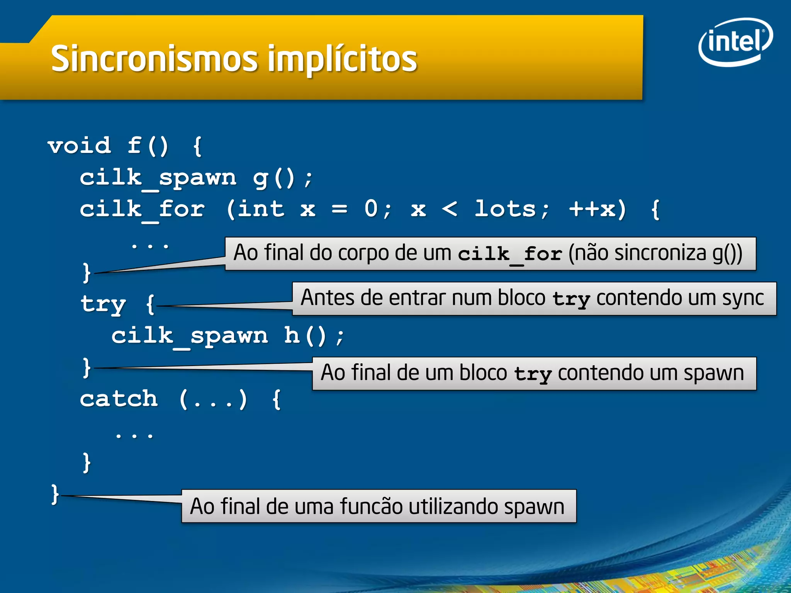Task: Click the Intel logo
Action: coord(735,42)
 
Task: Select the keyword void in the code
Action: coord(80,146)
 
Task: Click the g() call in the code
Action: coord(274,178)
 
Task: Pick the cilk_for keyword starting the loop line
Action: coord(142,210)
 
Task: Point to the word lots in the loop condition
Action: coord(505,209)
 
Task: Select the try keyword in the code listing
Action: coord(103,304)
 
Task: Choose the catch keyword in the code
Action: coord(119,399)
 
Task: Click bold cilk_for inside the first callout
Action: coord(509,254)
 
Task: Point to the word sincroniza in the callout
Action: coord(660,253)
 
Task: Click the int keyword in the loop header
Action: coord(261,209)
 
